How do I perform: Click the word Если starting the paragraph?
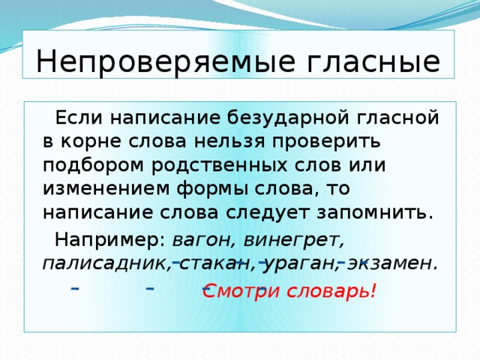(75, 117)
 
